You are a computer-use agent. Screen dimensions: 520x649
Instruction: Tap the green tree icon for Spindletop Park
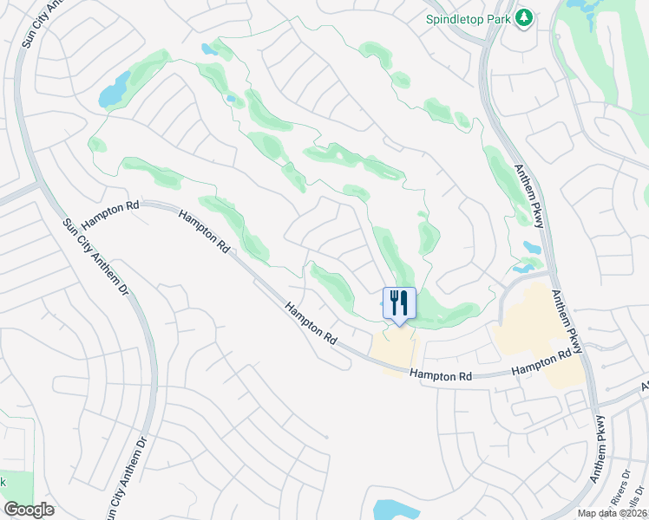pos(523,17)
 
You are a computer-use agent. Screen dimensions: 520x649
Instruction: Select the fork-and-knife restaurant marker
pos(399,303)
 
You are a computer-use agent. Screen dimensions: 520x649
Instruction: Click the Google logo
pos(29,510)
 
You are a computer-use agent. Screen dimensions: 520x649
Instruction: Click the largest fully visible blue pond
pos(114,90)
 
